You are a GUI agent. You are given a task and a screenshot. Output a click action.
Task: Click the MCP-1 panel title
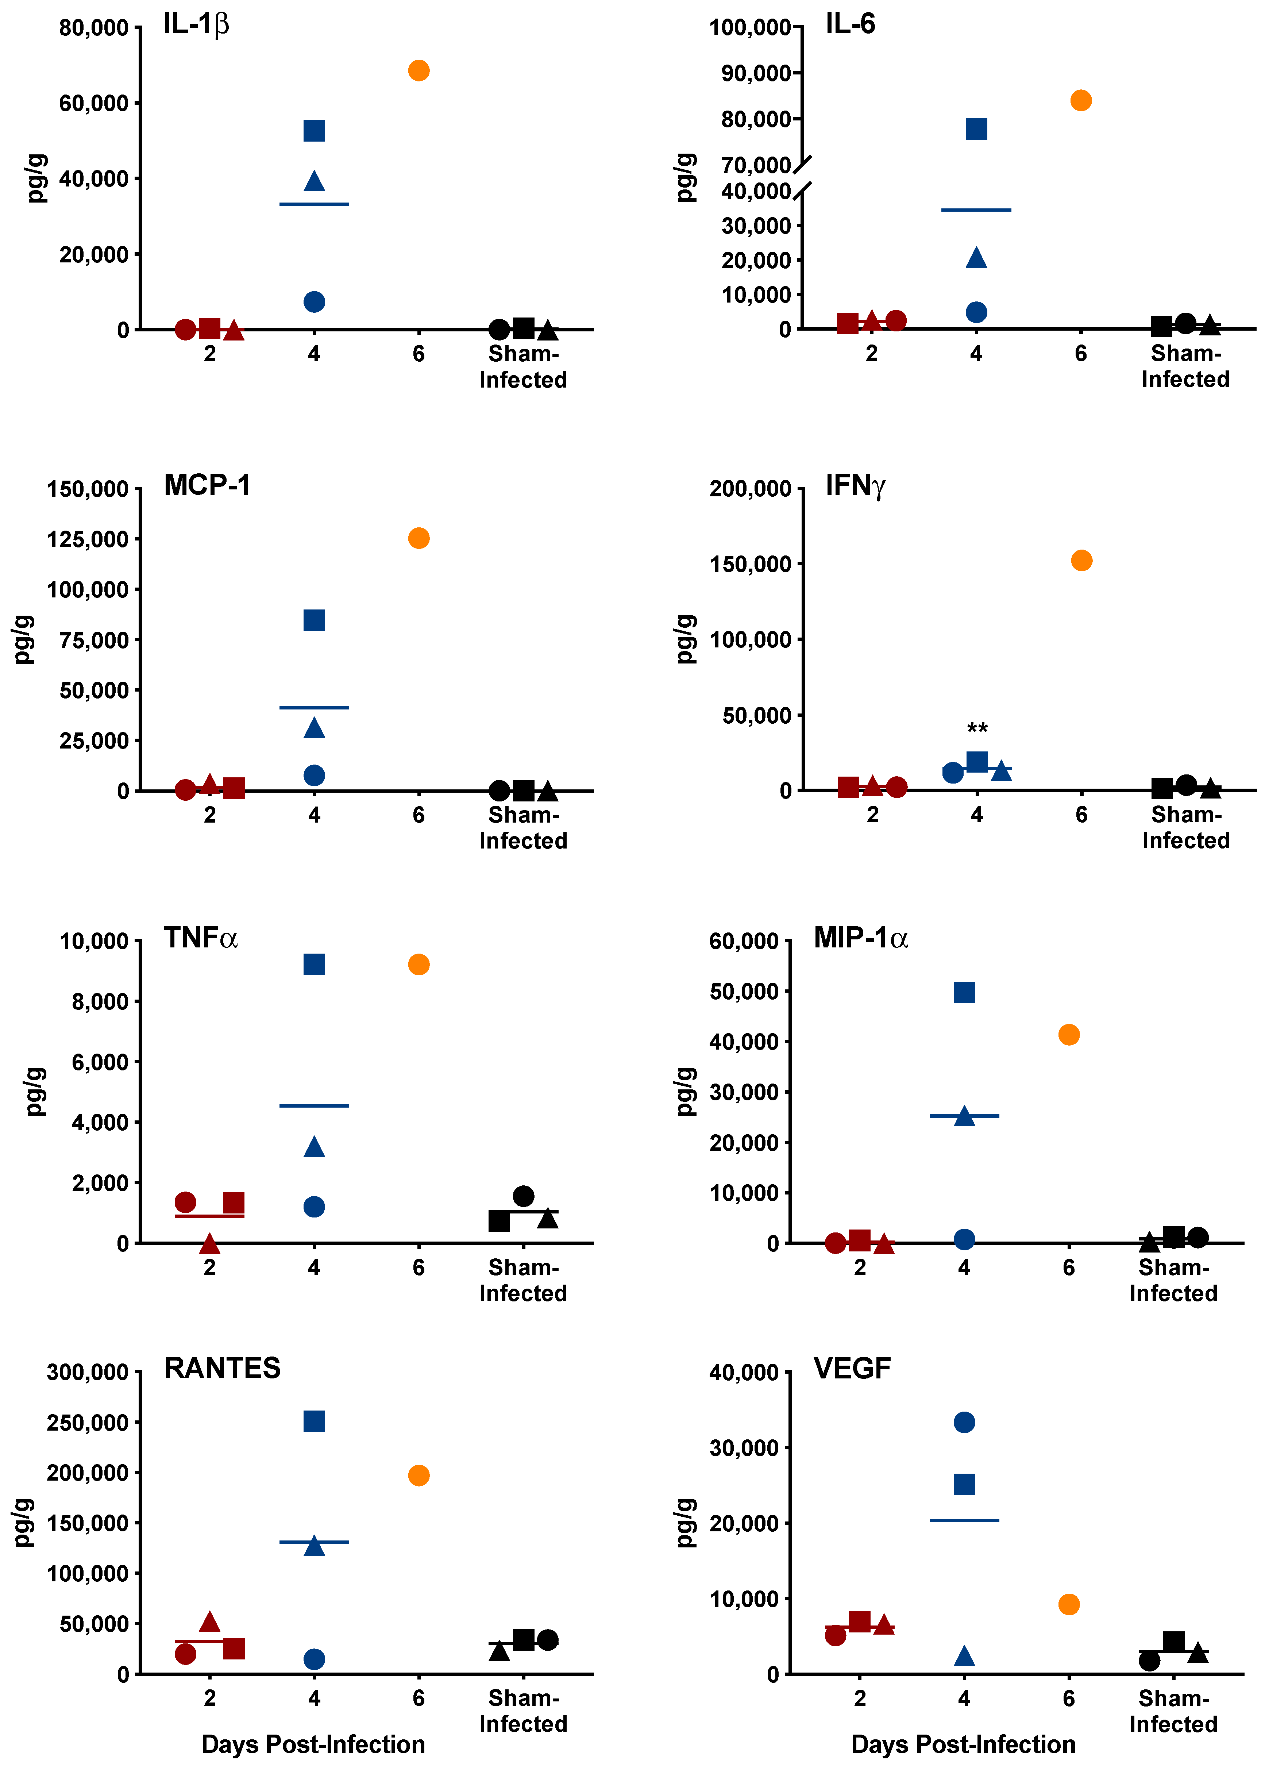(x=207, y=485)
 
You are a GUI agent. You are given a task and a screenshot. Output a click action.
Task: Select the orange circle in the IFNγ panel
(x=1081, y=561)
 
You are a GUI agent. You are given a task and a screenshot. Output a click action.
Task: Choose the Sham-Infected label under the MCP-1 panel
(x=523, y=828)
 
